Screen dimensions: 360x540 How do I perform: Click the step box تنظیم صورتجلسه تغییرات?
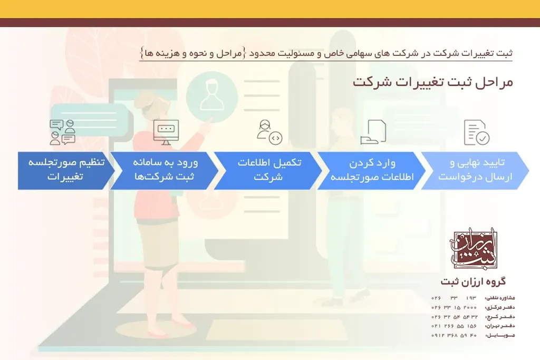[x=65, y=170]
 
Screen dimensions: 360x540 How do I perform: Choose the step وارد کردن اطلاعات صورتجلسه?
[x=371, y=170]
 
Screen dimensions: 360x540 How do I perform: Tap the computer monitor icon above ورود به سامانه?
[x=166, y=132]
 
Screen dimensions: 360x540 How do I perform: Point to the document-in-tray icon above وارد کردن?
[x=373, y=132]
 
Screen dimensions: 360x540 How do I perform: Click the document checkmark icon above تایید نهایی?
[x=476, y=132]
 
